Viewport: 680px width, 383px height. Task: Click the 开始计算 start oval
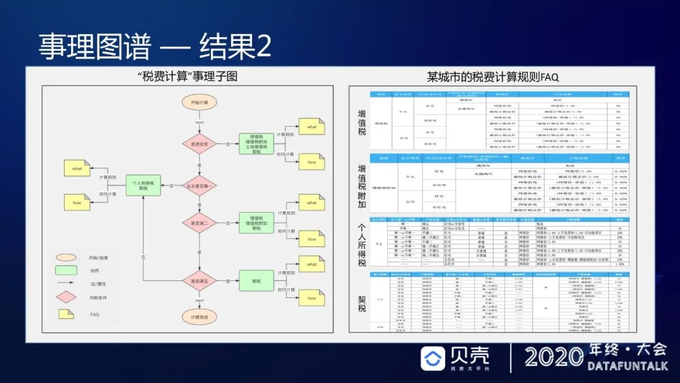coord(199,102)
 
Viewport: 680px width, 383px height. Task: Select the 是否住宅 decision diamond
coord(199,144)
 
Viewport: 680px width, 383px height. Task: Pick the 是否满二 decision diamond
coord(199,222)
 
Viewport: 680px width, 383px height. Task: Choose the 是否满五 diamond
coord(199,281)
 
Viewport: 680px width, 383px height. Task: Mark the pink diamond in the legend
coord(65,297)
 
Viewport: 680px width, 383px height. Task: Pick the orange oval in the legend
coord(65,257)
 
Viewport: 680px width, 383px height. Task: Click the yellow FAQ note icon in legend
coord(65,314)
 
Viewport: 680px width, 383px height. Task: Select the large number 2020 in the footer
coord(552,357)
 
